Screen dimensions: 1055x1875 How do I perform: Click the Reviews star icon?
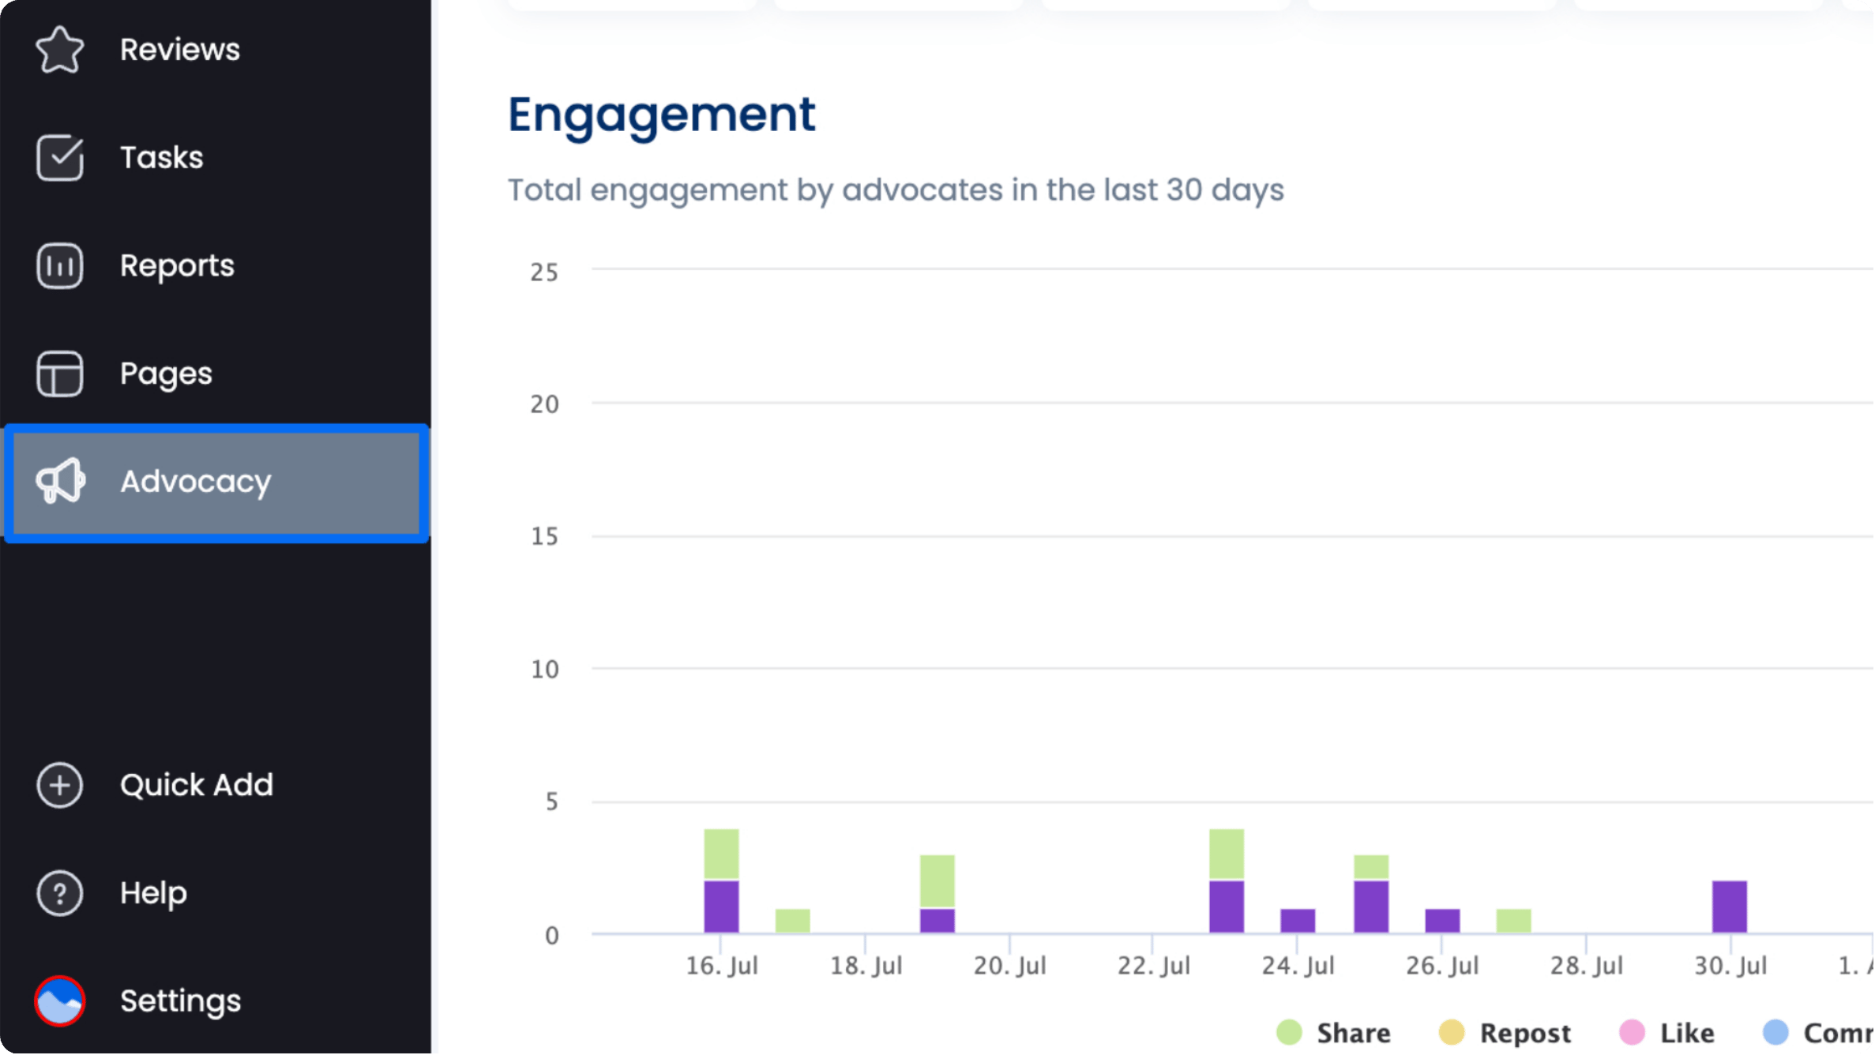click(60, 50)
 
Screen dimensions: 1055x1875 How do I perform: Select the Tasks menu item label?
click(161, 158)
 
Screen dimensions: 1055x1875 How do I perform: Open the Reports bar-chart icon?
click(60, 266)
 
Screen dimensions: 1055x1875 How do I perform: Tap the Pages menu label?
click(166, 374)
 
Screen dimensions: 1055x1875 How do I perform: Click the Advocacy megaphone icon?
click(60, 481)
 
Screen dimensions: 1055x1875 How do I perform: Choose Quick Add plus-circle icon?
click(60, 785)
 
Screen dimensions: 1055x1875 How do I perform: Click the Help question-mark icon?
click(60, 893)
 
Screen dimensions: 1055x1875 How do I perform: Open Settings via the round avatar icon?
click(60, 1001)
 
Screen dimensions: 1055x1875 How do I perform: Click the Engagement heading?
click(661, 115)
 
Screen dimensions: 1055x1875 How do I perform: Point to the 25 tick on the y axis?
click(544, 272)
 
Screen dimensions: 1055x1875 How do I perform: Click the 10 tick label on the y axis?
click(544, 670)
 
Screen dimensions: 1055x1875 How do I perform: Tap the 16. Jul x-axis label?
click(721, 966)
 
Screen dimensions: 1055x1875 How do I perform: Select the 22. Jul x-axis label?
click(1153, 966)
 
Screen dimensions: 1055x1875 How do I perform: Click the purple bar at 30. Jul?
click(1729, 907)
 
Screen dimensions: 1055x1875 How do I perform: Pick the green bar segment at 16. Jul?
click(721, 854)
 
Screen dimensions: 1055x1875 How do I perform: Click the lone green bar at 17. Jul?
click(792, 921)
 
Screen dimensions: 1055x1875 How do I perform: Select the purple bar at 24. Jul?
click(1298, 921)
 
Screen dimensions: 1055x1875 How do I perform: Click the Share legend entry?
click(1335, 1033)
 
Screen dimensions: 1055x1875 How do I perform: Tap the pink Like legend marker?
click(1632, 1032)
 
